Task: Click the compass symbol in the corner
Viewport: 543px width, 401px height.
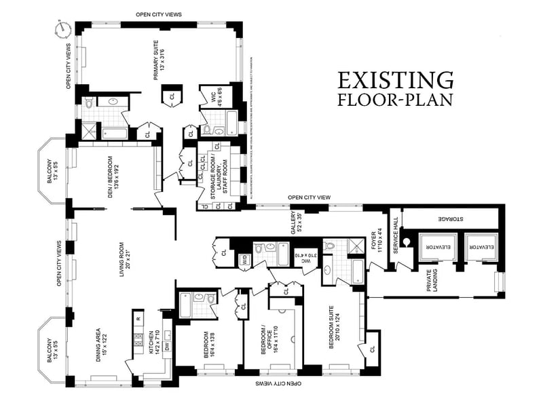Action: (64, 29)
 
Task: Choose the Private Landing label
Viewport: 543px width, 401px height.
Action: (432, 281)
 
